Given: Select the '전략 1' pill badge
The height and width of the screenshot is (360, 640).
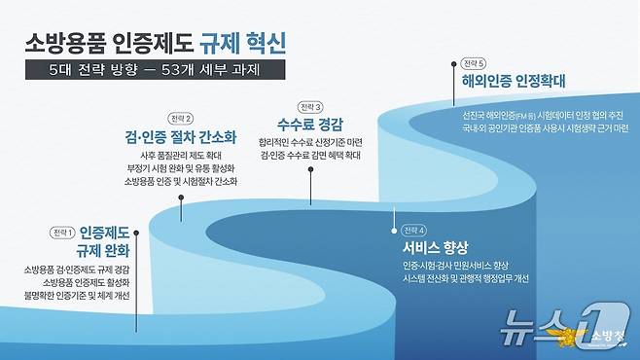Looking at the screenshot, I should (x=62, y=233).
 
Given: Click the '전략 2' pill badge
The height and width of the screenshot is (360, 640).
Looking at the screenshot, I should (x=181, y=119).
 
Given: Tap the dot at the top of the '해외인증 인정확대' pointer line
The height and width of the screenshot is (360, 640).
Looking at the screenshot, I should (x=454, y=63).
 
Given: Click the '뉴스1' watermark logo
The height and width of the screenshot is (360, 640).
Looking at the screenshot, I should (x=536, y=327).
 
